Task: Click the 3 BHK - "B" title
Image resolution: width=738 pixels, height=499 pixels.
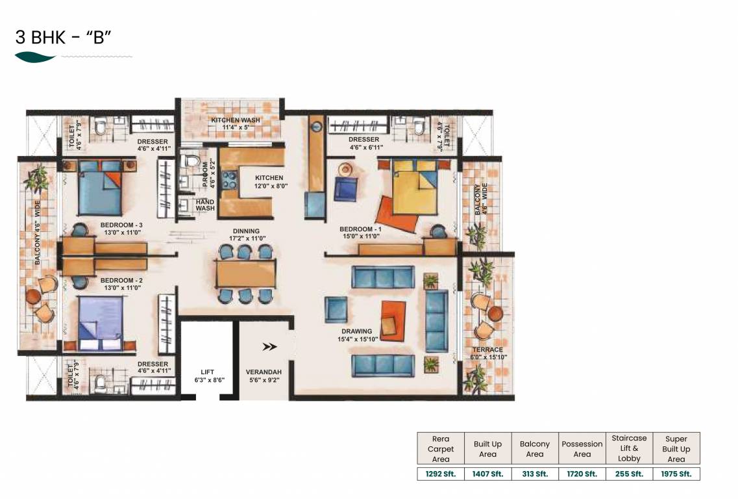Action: click(x=63, y=37)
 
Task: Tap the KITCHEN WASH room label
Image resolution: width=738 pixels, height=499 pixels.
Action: click(x=236, y=120)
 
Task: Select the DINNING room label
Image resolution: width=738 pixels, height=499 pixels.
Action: click(x=246, y=231)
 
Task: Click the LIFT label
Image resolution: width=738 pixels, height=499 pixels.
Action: click(x=208, y=372)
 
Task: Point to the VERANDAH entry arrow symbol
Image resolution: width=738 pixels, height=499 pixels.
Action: click(x=269, y=347)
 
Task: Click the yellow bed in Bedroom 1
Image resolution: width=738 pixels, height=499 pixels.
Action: click(x=415, y=187)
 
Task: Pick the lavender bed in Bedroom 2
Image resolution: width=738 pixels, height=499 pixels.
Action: click(x=100, y=323)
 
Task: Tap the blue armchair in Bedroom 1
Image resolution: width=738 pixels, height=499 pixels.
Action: click(x=346, y=189)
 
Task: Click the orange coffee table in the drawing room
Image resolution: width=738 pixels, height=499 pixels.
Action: click(x=393, y=321)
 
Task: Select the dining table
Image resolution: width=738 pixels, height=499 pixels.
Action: click(x=246, y=274)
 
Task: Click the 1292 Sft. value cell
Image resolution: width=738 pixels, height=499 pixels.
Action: click(x=441, y=474)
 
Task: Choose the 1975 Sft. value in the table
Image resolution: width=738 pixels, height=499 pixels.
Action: click(x=676, y=474)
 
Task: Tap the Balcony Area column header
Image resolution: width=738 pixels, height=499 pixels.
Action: click(x=535, y=449)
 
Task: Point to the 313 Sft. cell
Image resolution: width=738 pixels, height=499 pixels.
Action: click(x=535, y=474)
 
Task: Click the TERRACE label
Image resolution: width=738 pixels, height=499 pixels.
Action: click(x=487, y=350)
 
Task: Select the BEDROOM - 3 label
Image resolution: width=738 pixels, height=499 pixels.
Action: click(x=121, y=225)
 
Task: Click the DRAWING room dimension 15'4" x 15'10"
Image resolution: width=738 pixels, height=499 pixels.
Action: click(x=358, y=339)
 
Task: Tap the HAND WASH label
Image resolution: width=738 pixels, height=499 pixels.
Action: click(x=205, y=205)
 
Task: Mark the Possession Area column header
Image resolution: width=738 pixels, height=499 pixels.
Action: click(x=582, y=449)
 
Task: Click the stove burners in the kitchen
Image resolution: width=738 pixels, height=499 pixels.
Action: click(x=230, y=179)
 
